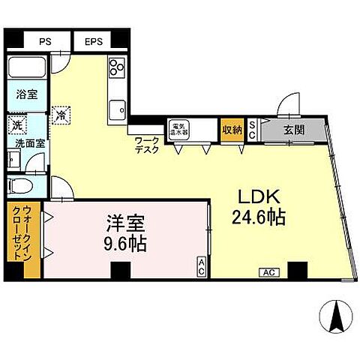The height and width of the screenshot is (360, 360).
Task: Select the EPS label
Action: coord(93,42)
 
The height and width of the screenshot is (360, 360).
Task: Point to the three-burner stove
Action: coord(117,68)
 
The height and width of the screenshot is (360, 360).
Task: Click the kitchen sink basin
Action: coord(117,110)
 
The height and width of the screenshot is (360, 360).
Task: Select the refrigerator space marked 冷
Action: coord(61,116)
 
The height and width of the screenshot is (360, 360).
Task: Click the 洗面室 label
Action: coord(25,142)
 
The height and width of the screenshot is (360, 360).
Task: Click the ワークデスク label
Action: coord(145,144)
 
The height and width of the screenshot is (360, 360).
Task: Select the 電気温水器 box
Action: coord(178,128)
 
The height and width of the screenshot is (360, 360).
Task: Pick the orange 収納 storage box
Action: coord(231,129)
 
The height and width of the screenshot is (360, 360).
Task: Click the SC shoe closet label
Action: coord(253,128)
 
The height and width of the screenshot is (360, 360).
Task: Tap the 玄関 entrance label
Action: coord(293,129)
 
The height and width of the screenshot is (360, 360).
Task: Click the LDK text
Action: coord(259,197)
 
